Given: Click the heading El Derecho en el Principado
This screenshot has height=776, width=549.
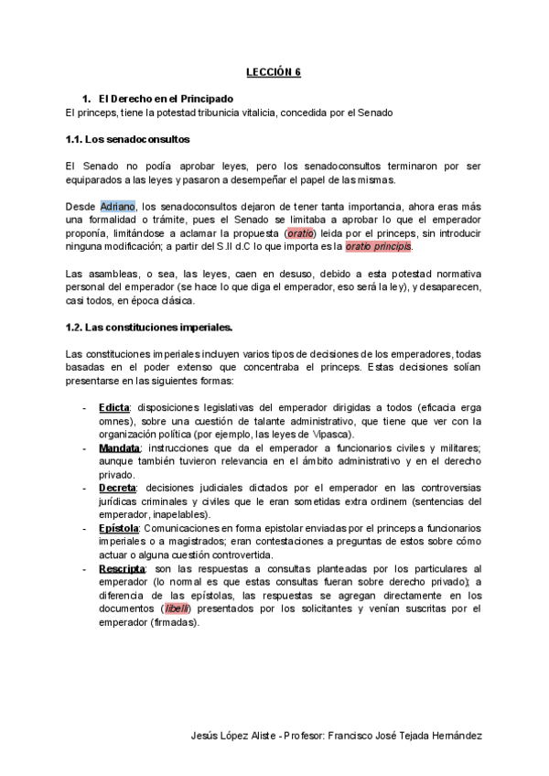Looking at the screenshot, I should (165, 98).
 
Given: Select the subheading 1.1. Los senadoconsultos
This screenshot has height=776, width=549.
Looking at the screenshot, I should (127, 140).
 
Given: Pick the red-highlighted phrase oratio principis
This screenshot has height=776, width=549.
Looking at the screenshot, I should (379, 247).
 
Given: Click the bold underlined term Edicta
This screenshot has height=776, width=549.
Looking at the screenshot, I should (114, 407).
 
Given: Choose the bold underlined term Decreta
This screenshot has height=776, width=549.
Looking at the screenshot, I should (117, 488).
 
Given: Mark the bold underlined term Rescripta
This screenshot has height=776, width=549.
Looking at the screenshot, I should (122, 568).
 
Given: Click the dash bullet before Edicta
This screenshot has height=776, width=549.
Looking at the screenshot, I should (85, 407).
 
